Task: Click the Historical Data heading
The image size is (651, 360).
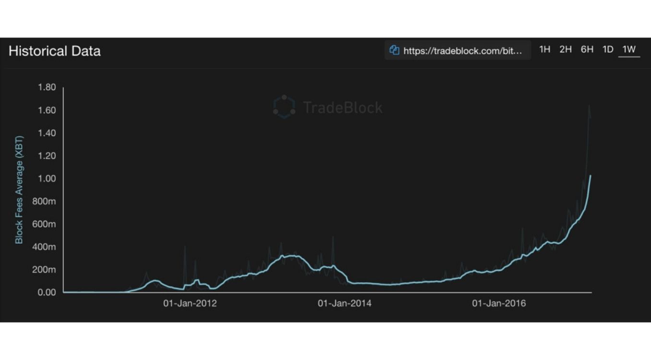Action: click(55, 51)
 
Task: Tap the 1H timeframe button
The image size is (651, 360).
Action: click(544, 49)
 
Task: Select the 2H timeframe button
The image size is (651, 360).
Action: click(566, 49)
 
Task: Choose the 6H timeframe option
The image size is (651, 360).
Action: click(587, 49)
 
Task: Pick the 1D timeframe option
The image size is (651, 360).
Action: click(608, 49)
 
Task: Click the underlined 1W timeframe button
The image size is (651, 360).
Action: click(629, 49)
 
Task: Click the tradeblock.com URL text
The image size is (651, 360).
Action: click(462, 50)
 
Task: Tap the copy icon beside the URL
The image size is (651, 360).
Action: click(395, 50)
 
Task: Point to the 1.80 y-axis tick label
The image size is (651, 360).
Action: click(47, 87)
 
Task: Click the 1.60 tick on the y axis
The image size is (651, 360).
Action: click(47, 110)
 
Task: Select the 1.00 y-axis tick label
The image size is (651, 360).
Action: click(47, 179)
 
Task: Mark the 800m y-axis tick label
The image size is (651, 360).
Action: click(44, 202)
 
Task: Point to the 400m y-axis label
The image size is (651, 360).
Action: click(44, 247)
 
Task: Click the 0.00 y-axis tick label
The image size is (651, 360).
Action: click(47, 292)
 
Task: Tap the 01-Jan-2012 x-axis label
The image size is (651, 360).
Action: click(190, 303)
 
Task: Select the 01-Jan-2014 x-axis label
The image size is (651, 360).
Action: click(344, 303)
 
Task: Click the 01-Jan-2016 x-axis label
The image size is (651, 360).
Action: click(499, 303)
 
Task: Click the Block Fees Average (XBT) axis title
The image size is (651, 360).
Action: click(19, 189)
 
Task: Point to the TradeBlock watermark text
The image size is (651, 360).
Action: click(343, 107)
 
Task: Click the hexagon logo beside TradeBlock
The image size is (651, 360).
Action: click(284, 107)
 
